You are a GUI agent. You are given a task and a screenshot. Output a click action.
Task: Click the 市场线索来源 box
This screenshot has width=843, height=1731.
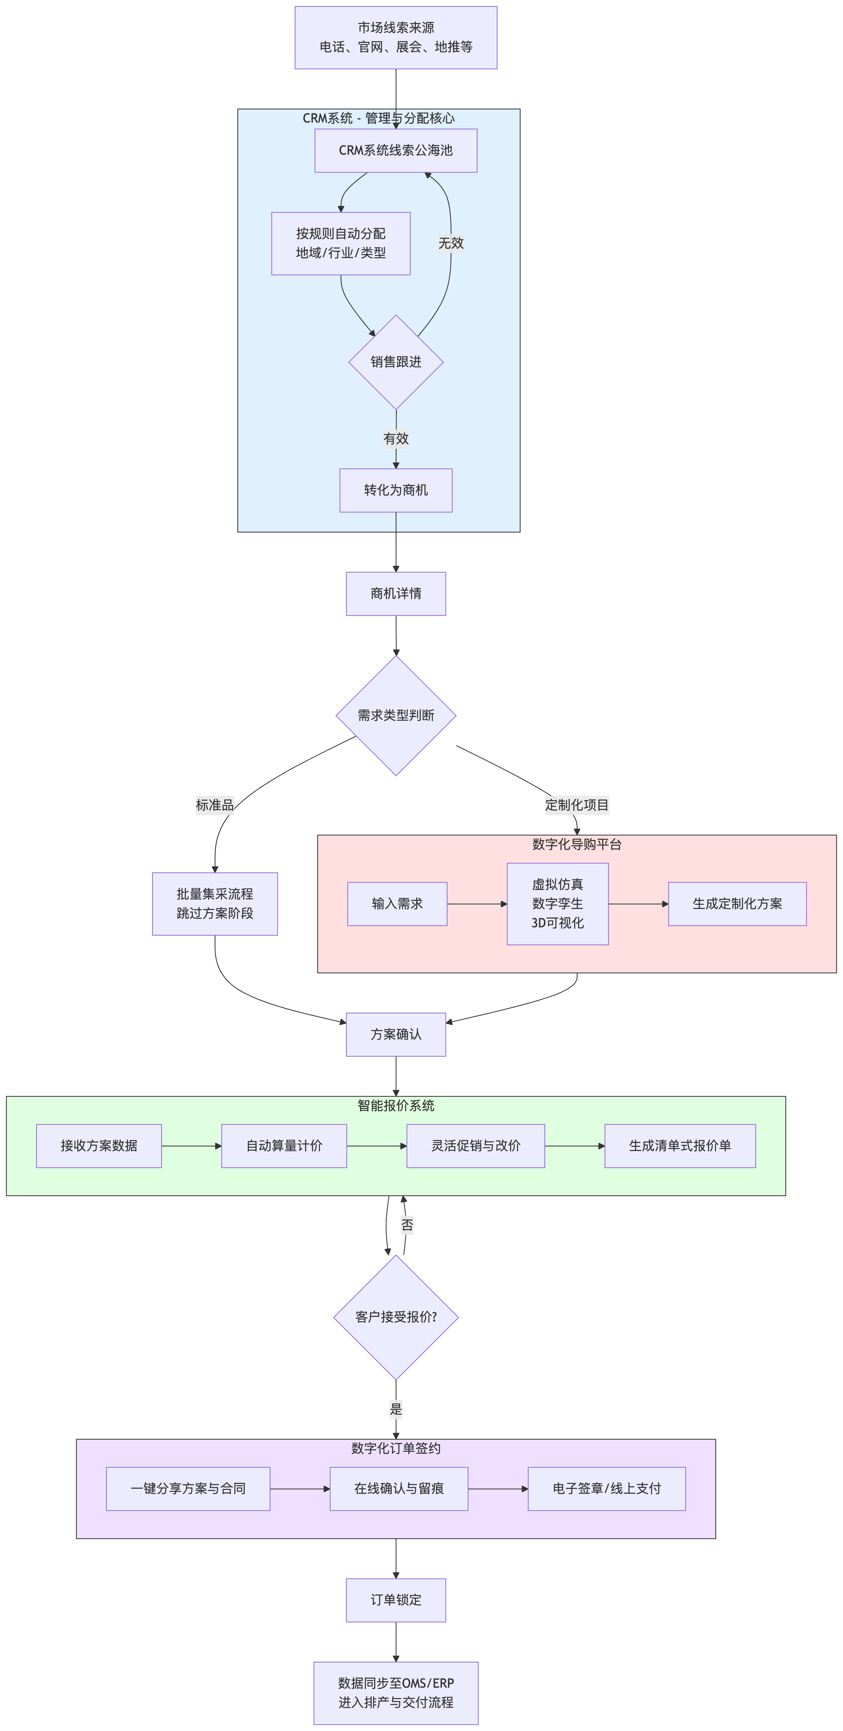pyautogui.click(x=396, y=38)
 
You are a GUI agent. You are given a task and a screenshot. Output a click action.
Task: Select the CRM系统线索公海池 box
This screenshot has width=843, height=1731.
pyautogui.click(x=396, y=150)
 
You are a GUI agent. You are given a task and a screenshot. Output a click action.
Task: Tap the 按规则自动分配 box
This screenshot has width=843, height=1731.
pyautogui.click(x=341, y=243)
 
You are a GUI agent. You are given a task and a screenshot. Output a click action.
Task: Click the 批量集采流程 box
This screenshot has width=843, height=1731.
pyautogui.click(x=215, y=904)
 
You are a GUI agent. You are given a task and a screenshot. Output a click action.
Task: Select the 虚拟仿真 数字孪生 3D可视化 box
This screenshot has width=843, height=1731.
pyautogui.click(x=558, y=904)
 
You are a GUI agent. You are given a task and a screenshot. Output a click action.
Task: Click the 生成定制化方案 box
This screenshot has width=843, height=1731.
pyautogui.click(x=737, y=904)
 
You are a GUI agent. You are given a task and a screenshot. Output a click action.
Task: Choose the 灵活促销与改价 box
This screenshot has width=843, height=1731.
pyautogui.click(x=476, y=1146)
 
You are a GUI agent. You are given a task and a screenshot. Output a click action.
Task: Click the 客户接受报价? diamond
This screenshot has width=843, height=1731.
pyautogui.click(x=396, y=1317)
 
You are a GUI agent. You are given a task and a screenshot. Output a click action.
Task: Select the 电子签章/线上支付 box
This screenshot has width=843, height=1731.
pyautogui.click(x=607, y=1488)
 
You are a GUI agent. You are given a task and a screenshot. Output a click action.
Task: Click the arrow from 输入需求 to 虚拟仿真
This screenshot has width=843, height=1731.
pyautogui.click(x=477, y=904)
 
